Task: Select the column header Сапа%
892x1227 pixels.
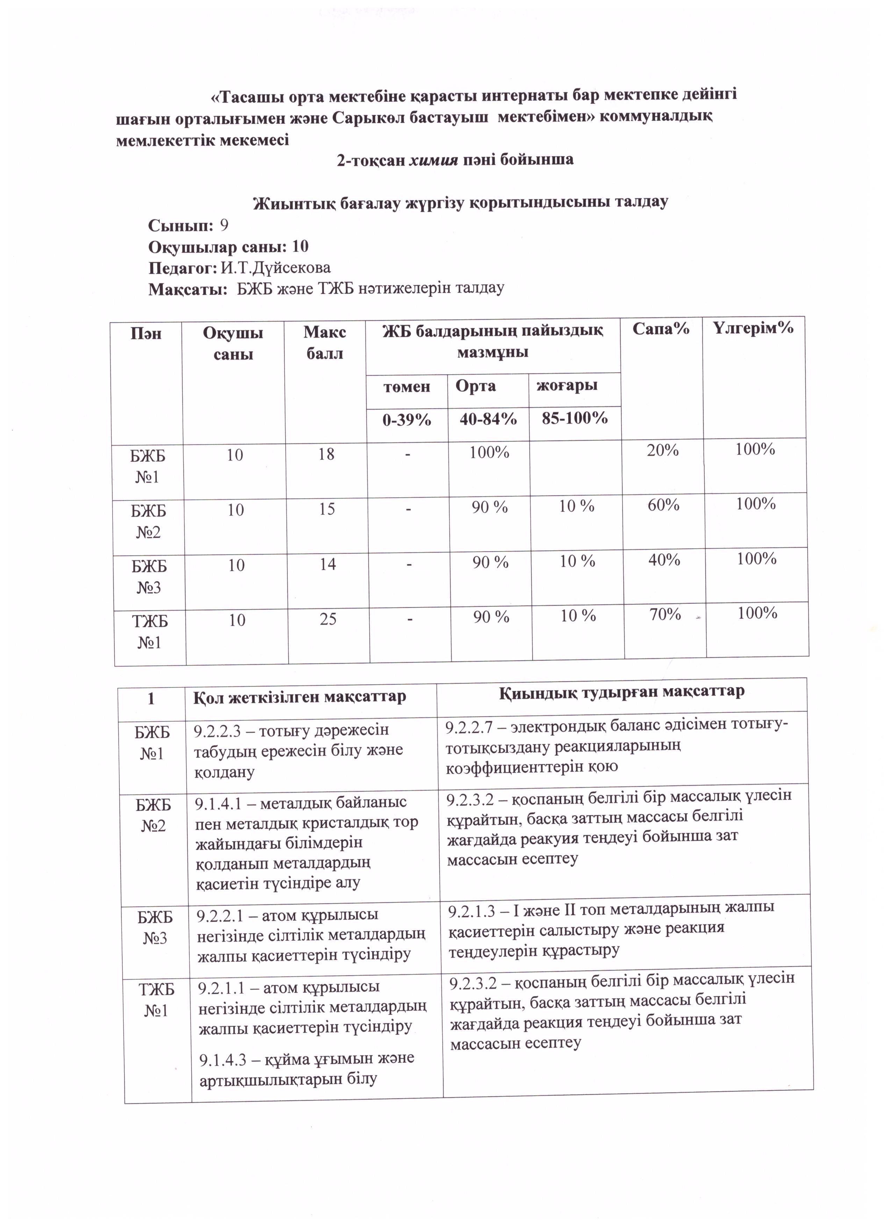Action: click(x=661, y=329)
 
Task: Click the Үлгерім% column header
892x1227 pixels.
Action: click(x=753, y=328)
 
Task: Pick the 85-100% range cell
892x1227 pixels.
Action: click(x=575, y=418)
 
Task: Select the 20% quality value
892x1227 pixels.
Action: click(x=663, y=450)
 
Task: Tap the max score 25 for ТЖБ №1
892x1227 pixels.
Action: click(x=328, y=619)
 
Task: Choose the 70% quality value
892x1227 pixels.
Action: click(x=665, y=614)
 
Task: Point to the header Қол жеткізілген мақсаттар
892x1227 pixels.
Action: click(x=300, y=697)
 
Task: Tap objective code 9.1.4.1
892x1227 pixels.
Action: click(x=218, y=803)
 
